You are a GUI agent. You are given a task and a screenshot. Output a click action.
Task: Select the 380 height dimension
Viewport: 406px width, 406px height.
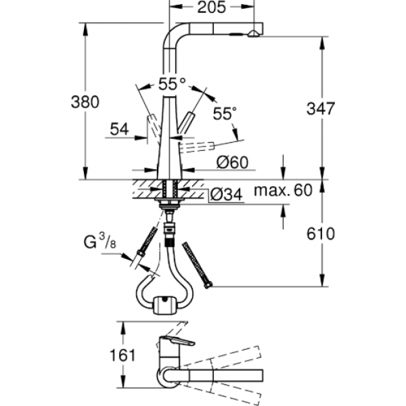pos(85,102)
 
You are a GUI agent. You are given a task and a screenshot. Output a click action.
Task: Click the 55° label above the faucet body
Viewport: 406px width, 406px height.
pos(172,85)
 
